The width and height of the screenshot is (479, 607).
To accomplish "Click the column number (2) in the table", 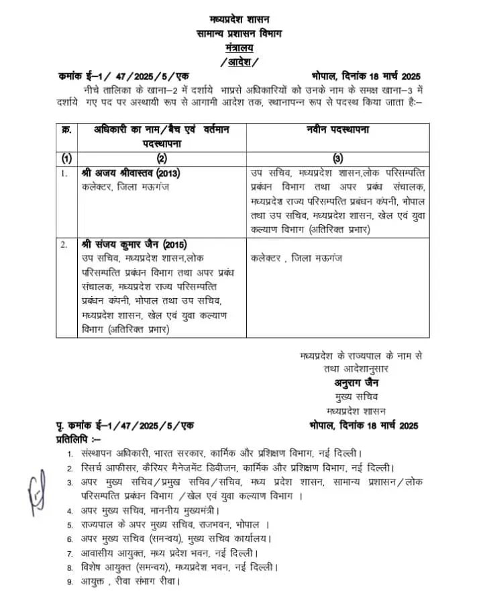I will point(162,158).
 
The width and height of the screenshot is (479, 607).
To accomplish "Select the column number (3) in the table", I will point(337,158).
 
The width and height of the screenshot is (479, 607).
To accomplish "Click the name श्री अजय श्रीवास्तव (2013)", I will point(131,173).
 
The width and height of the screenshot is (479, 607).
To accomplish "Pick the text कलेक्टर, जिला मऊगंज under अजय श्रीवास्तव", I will point(124,187).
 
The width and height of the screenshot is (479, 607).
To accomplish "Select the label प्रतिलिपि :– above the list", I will point(77,437).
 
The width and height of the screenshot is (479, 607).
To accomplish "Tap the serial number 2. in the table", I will point(65,244).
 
